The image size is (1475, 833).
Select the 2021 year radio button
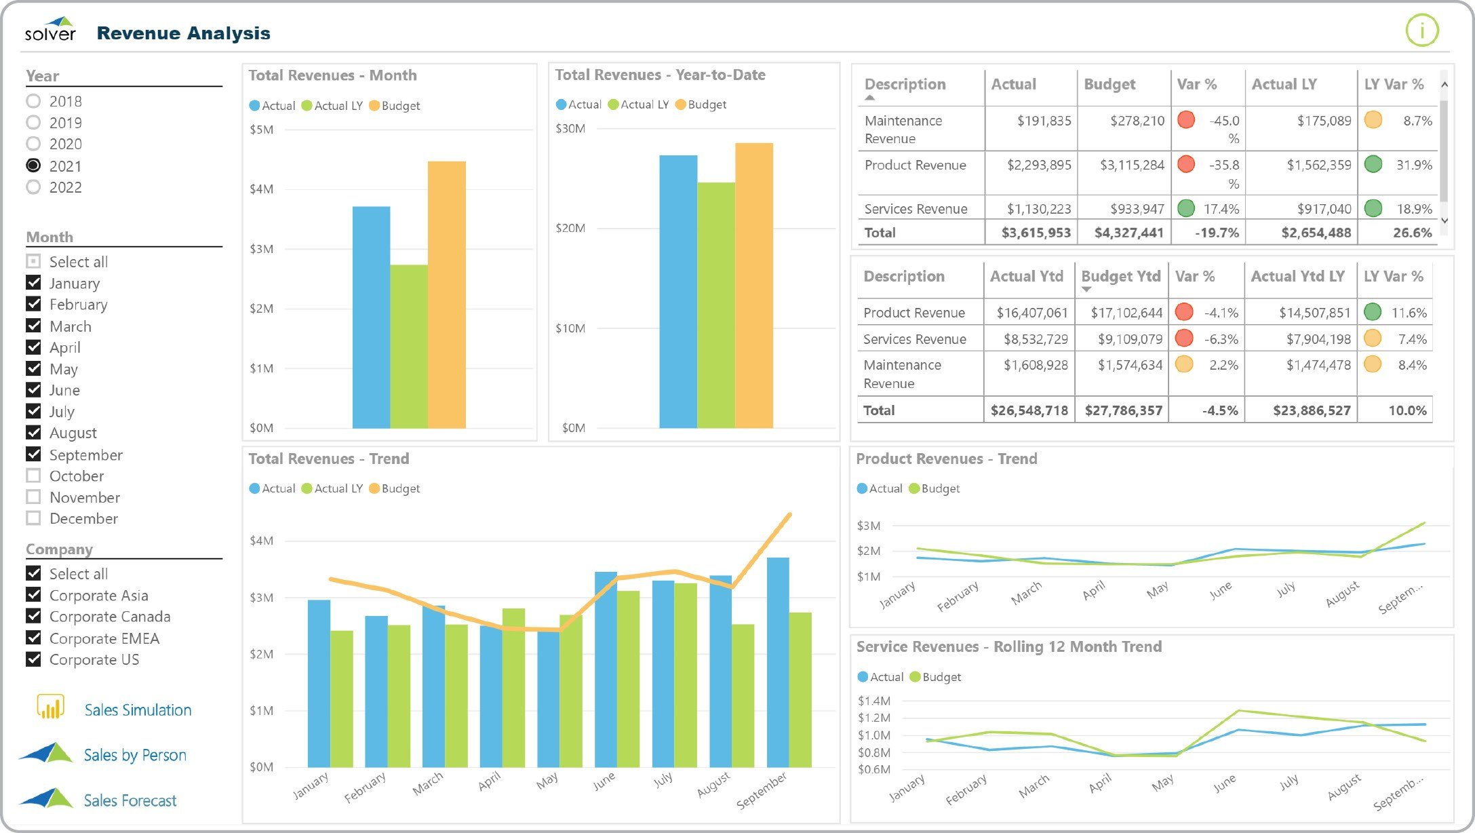point(33,166)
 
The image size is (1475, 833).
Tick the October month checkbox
point(33,476)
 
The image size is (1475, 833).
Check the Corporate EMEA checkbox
point(33,638)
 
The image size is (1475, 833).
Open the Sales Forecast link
point(130,800)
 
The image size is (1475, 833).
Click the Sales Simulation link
point(138,710)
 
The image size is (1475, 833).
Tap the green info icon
point(1421,31)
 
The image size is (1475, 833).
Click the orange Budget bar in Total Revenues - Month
point(446,294)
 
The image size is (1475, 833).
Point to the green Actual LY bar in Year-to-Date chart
point(715,305)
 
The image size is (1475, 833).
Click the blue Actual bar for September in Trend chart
point(777,662)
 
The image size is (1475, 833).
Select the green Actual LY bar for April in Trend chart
point(513,687)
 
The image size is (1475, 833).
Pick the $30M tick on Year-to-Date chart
point(570,128)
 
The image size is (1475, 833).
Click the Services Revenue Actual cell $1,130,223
point(1038,209)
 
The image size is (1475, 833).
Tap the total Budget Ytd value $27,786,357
point(1123,410)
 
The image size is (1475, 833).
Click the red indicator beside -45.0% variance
point(1186,120)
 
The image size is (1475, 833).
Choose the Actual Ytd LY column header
point(1297,276)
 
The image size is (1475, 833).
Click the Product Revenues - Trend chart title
point(946,459)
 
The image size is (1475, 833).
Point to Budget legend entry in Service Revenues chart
point(935,677)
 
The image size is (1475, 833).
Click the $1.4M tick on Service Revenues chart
point(873,701)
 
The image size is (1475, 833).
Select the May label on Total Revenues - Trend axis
point(547,781)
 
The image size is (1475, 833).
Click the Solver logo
point(50,30)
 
